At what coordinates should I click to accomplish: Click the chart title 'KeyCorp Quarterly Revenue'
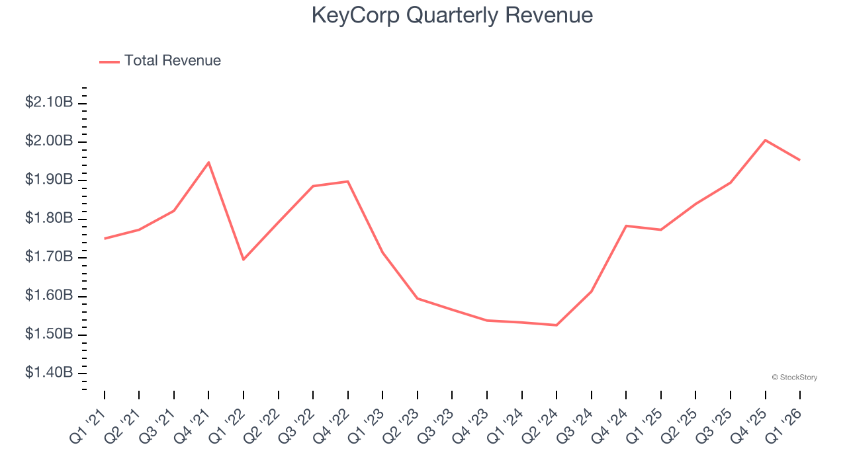(x=452, y=16)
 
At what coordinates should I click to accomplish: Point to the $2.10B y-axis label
(x=49, y=102)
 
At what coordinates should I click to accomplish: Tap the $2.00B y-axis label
(x=49, y=141)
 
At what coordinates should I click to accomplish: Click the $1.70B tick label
(x=49, y=257)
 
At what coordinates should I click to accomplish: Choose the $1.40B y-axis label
(x=49, y=373)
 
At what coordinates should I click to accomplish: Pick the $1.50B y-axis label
(x=49, y=335)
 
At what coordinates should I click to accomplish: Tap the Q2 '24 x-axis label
(x=541, y=424)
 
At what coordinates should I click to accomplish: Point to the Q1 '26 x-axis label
(x=785, y=424)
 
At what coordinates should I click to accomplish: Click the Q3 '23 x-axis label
(x=437, y=424)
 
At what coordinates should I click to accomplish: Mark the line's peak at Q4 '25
(x=766, y=140)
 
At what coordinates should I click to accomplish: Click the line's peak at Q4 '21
(x=208, y=162)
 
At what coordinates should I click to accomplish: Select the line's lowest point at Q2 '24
(x=557, y=325)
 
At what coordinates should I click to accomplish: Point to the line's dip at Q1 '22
(x=244, y=259)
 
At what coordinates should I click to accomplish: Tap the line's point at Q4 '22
(x=348, y=181)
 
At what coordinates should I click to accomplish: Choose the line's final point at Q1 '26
(x=800, y=160)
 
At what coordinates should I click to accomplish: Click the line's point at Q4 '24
(x=626, y=226)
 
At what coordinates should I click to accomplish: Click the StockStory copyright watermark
(x=794, y=377)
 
